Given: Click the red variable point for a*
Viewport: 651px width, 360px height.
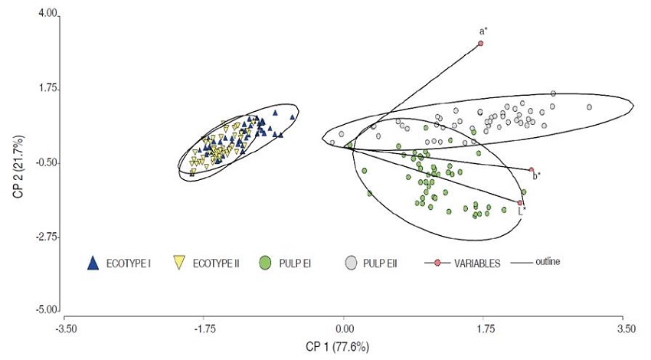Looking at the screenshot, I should [x=481, y=44].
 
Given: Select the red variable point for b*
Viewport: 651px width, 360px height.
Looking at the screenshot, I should [x=532, y=170].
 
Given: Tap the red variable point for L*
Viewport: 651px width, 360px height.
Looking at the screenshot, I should [x=520, y=203].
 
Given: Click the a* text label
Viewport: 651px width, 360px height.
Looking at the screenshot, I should [x=483, y=31].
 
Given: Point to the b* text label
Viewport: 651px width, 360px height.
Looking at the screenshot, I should [x=537, y=176].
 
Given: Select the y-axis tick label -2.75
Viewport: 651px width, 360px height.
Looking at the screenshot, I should [x=46, y=237].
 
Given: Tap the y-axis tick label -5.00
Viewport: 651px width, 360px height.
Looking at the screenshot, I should [x=46, y=310].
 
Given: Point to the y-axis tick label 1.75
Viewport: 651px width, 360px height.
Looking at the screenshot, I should [x=47, y=89].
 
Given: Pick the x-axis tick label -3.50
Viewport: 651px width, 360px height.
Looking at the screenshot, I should [x=65, y=329].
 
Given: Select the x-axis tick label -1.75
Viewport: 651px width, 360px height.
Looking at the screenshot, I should [x=204, y=329].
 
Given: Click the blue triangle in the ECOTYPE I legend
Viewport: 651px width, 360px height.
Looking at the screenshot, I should [x=93, y=263].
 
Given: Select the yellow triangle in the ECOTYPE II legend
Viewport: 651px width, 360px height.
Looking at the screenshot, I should [x=178, y=263].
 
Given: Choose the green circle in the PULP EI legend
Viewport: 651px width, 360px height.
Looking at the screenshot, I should [x=265, y=263].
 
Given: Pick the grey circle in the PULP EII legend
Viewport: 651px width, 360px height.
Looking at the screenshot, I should [x=351, y=263].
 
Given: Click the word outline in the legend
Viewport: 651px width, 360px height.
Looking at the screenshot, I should [x=547, y=262].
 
